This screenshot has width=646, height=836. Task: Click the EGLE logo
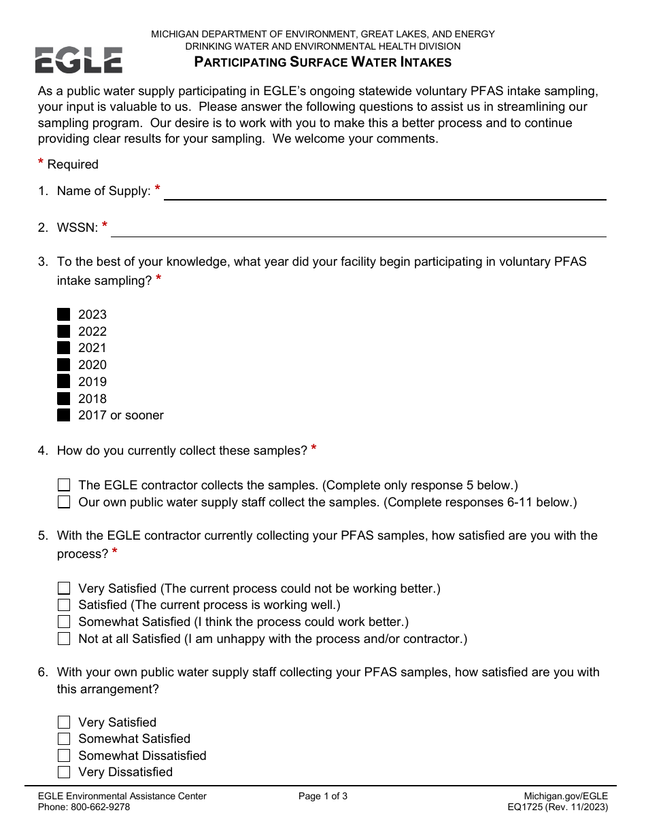coord(79,60)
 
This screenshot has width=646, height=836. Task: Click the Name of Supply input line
coord(385,192)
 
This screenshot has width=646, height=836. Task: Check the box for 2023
coord(64,315)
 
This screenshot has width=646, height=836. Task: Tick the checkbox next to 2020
coord(64,365)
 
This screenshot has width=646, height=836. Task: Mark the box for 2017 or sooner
coord(64,415)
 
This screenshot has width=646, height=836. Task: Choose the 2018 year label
coord(92,399)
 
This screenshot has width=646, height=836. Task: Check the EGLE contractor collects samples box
coord(64,485)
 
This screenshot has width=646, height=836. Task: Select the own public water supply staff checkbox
coord(64,502)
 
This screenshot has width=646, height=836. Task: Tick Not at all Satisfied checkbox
coord(64,639)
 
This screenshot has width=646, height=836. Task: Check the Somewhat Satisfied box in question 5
coord(64,622)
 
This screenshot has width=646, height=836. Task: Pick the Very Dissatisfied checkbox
coord(64,772)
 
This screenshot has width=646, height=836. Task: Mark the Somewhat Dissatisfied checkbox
coord(64,756)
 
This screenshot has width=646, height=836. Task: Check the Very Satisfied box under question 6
coord(64,722)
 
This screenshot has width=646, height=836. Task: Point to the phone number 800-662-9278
coord(101,807)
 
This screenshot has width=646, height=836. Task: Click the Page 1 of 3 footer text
coord(323,797)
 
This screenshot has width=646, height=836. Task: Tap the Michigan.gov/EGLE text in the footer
coord(566,797)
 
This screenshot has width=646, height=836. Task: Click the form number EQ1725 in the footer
coord(519,807)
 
